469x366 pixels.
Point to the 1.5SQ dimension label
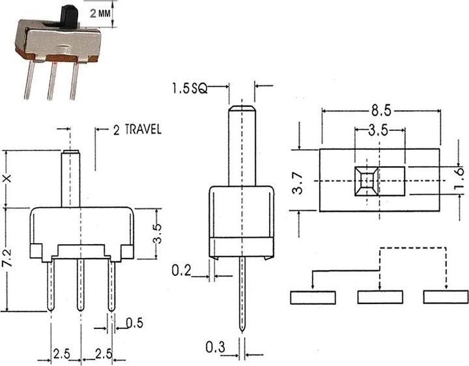click(190, 88)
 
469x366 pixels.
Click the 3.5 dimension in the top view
click(378, 130)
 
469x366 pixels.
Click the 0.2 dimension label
click(182, 270)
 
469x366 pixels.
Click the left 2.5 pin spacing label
click(62, 354)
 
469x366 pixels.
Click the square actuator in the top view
click(367, 180)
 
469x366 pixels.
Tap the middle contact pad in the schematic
click(380, 298)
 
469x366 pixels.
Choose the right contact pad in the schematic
click(446, 298)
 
